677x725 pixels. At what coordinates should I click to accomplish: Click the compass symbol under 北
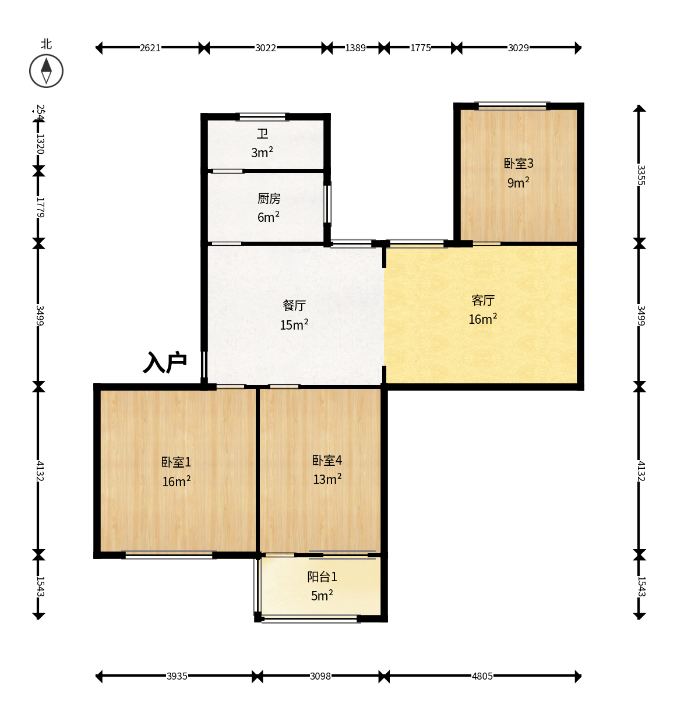(46, 71)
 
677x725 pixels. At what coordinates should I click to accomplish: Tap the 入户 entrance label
(165, 362)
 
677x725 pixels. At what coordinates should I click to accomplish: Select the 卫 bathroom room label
(262, 133)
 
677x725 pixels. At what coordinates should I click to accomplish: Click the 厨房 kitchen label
(269, 198)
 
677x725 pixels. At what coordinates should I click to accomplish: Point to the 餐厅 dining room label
(294, 305)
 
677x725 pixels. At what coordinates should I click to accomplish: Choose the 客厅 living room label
(482, 300)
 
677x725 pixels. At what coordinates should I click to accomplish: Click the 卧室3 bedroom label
(518, 163)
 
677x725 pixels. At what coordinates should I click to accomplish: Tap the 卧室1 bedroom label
(176, 462)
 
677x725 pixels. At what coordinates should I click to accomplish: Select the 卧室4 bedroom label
(327, 460)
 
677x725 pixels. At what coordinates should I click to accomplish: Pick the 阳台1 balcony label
(322, 577)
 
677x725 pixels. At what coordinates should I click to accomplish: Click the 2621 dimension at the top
(150, 48)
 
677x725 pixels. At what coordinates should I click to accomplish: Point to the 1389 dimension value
(355, 48)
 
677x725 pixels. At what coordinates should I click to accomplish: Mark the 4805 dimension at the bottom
(482, 676)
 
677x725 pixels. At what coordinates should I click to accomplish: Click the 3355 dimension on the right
(641, 175)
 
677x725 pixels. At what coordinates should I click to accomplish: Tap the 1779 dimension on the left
(40, 207)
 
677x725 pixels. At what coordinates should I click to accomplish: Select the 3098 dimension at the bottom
(320, 676)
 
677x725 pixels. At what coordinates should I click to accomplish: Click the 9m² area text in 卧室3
(518, 182)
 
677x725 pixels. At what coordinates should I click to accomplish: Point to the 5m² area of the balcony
(322, 595)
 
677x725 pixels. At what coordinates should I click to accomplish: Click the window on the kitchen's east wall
(328, 204)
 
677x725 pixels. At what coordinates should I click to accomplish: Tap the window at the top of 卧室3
(512, 106)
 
